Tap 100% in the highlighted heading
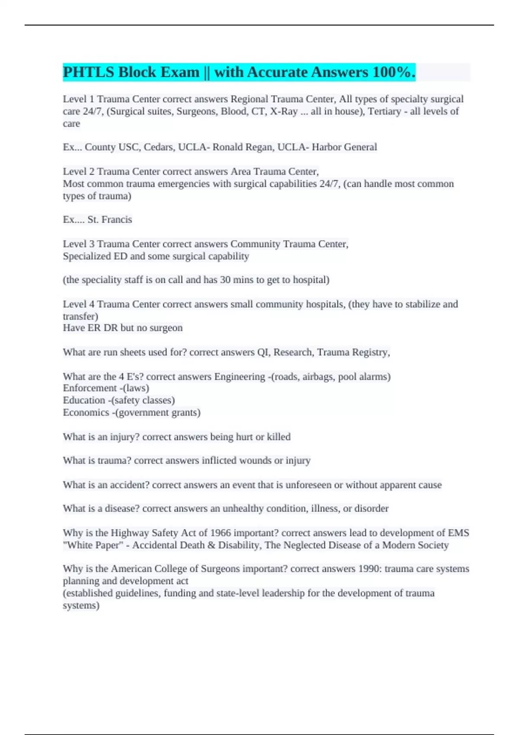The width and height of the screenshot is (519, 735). click(393, 72)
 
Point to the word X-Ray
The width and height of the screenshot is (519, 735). click(284, 112)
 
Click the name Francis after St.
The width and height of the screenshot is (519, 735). click(116, 220)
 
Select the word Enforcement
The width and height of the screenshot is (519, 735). click(90, 388)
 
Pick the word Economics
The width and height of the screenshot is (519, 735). click(86, 412)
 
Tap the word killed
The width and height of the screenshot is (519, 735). click(279, 437)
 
